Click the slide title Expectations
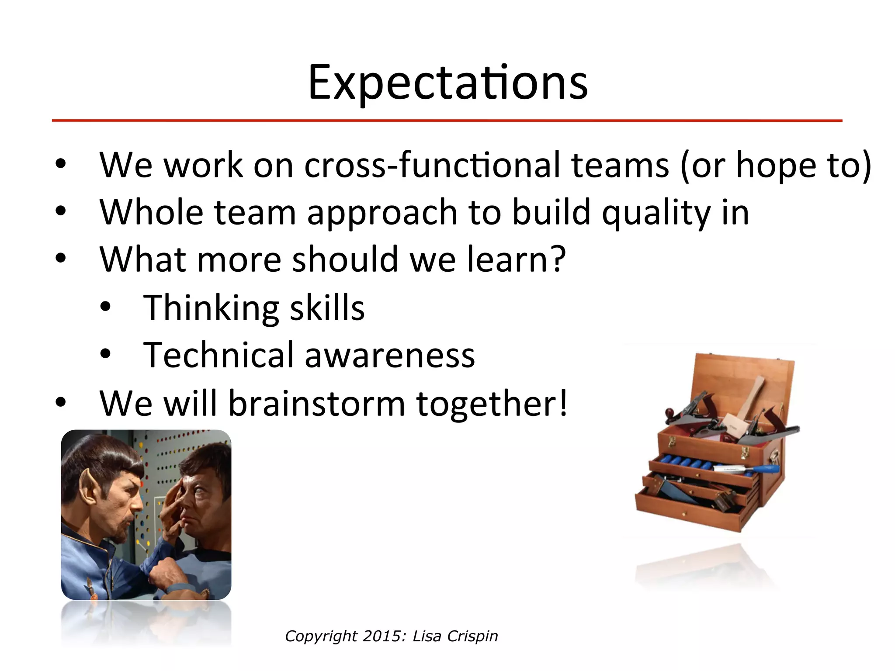pos(447,83)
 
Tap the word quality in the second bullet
pos(656,213)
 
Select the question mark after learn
pos(557,259)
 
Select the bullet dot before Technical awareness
pos(105,354)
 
